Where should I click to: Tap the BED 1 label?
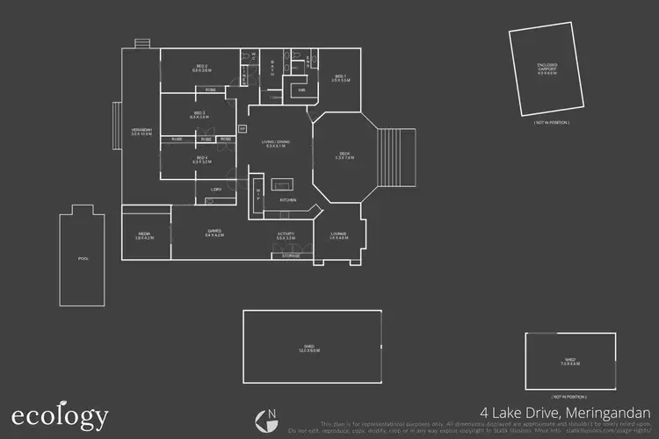[x=342, y=78]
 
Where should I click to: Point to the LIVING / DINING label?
[x=275, y=143]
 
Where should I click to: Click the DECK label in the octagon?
[x=345, y=156]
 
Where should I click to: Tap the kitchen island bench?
[x=284, y=184]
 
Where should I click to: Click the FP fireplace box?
[x=243, y=128]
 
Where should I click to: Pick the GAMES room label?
[x=214, y=234]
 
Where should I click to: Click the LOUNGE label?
[x=338, y=234]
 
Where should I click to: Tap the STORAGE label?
[x=291, y=255]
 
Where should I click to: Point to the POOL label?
[x=83, y=259]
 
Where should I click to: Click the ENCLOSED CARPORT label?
[x=547, y=68]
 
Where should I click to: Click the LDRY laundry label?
[x=215, y=189]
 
